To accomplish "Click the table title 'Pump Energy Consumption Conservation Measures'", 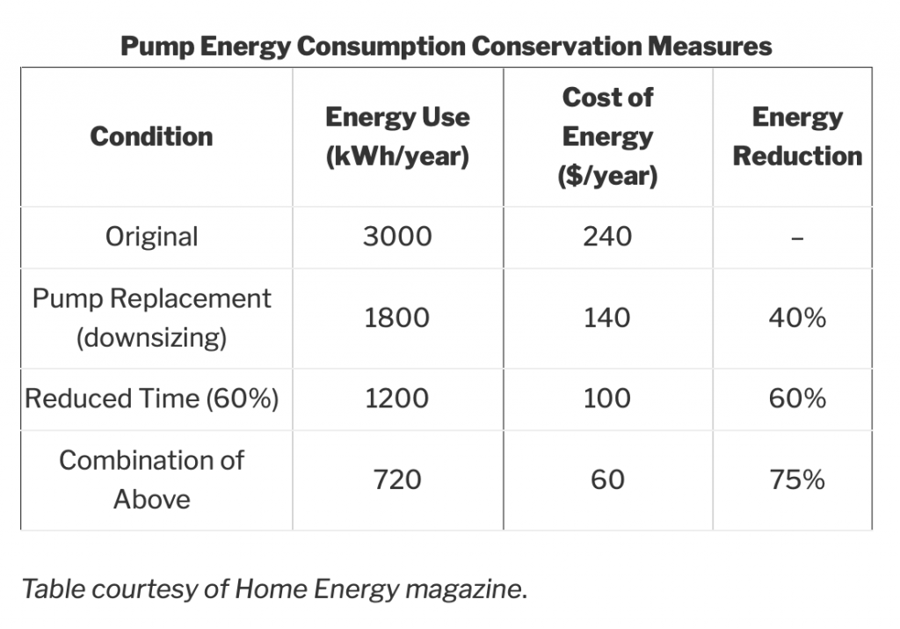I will point(446,46).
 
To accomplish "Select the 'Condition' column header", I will point(151,136).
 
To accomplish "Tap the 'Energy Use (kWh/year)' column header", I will point(397,136).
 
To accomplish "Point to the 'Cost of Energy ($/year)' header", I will point(607,136).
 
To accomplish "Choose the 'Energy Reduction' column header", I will point(797,136).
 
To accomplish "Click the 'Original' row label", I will point(151,237).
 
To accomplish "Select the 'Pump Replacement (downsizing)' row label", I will point(151,318).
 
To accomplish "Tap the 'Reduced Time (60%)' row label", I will point(151,399).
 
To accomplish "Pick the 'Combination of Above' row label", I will point(151,479).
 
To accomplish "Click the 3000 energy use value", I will point(398,237).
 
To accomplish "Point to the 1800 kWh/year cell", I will point(398,318).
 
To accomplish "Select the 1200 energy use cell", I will point(398,399).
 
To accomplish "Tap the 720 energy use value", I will point(398,479).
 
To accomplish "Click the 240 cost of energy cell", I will point(607,237).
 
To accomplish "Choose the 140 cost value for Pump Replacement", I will point(607,318).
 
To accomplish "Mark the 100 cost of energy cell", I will point(607,399).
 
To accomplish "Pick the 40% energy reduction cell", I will point(797,318).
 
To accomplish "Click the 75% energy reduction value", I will point(797,479).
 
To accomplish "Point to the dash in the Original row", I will point(797,238).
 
